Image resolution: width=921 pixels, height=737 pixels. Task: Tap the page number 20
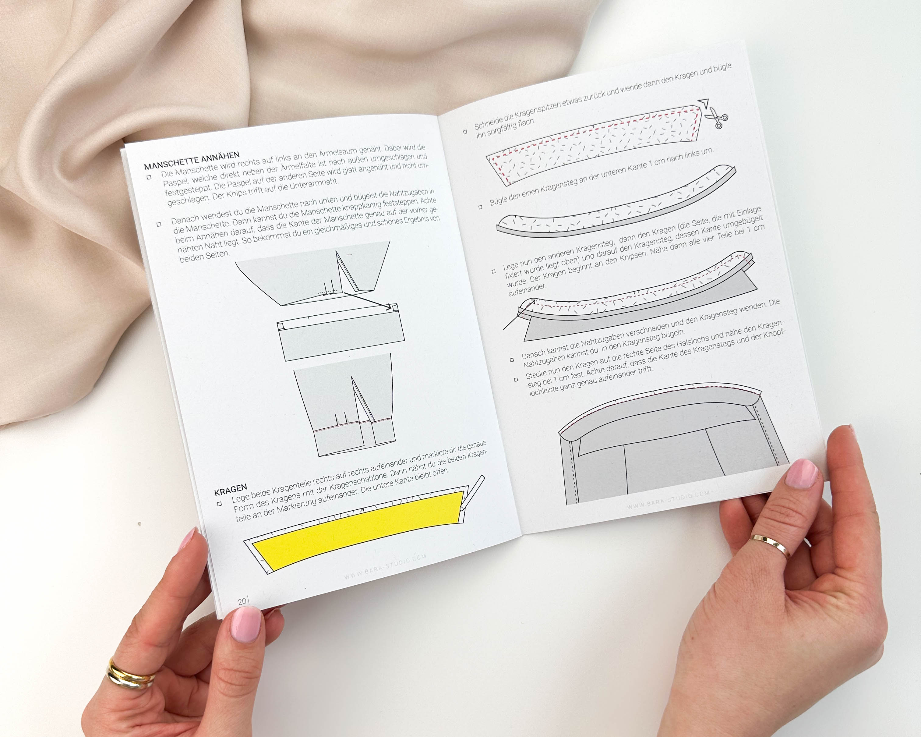click(x=242, y=601)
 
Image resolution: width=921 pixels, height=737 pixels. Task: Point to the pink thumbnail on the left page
click(x=246, y=624)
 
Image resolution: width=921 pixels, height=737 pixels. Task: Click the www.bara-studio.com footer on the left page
click(x=385, y=566)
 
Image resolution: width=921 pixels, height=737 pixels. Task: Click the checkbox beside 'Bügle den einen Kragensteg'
click(x=480, y=207)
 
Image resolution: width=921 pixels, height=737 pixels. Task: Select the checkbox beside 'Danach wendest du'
click(x=159, y=224)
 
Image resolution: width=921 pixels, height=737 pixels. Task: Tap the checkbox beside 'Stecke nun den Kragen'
click(x=516, y=379)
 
